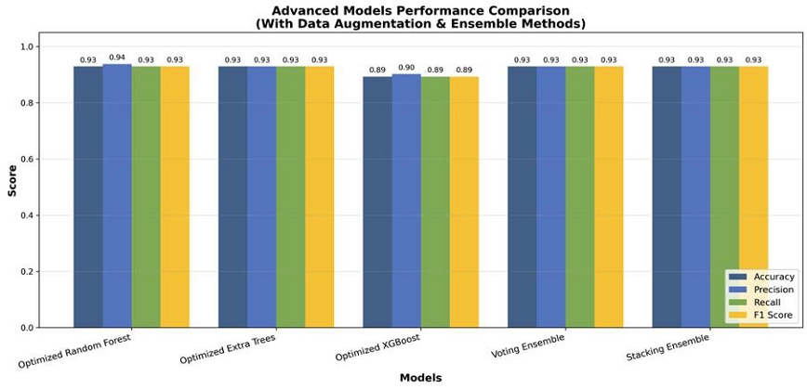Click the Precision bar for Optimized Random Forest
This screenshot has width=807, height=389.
(117, 195)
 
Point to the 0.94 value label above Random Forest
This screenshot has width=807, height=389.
(117, 57)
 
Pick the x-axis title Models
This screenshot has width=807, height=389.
(420, 378)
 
